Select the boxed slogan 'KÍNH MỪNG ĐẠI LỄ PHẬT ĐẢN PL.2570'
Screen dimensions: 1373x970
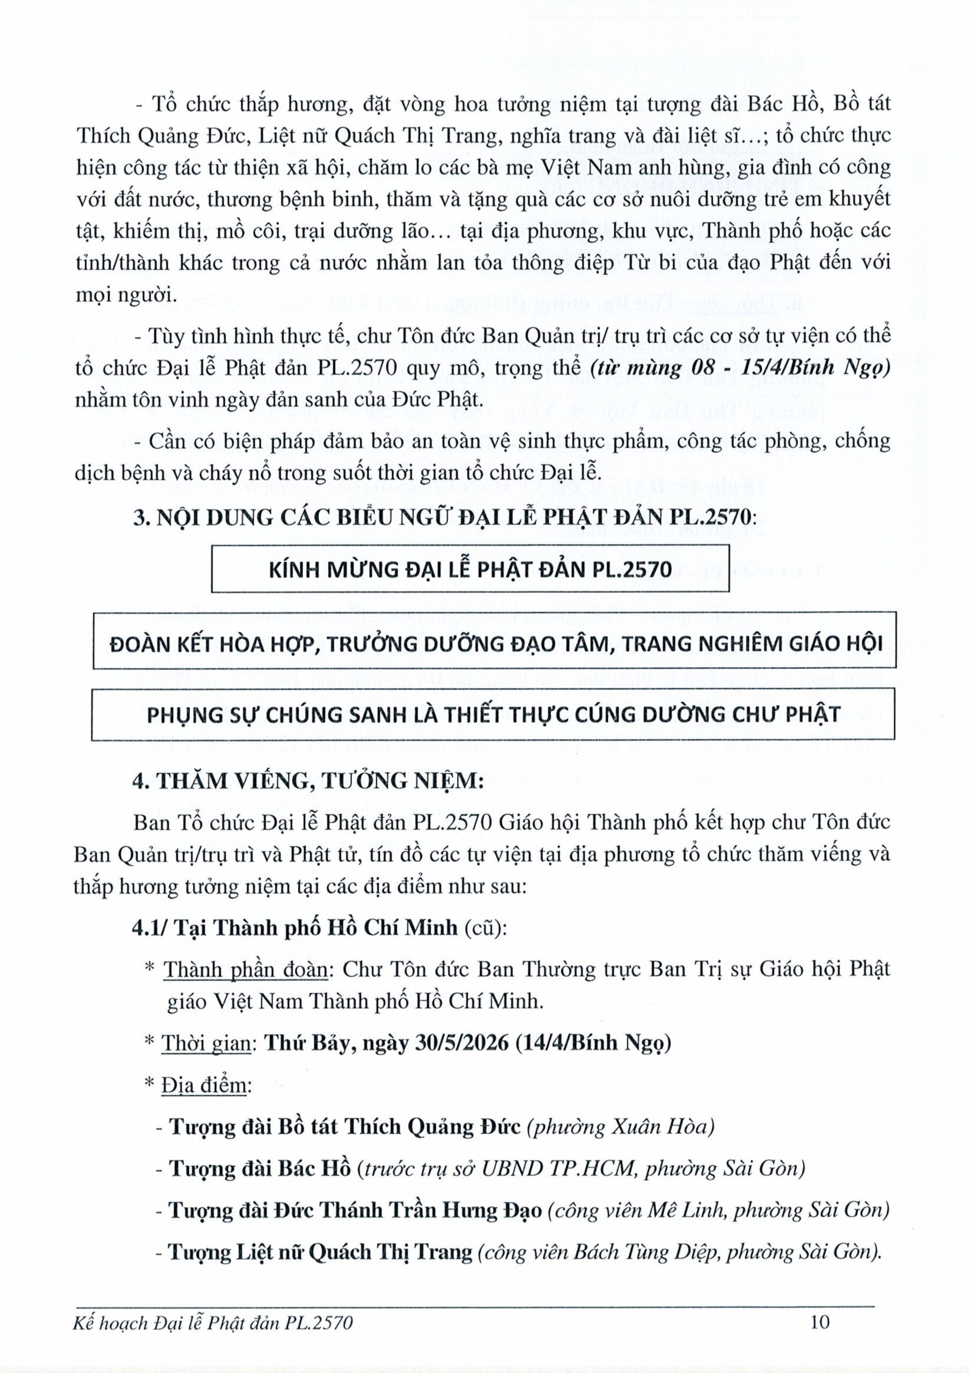click(x=470, y=569)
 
